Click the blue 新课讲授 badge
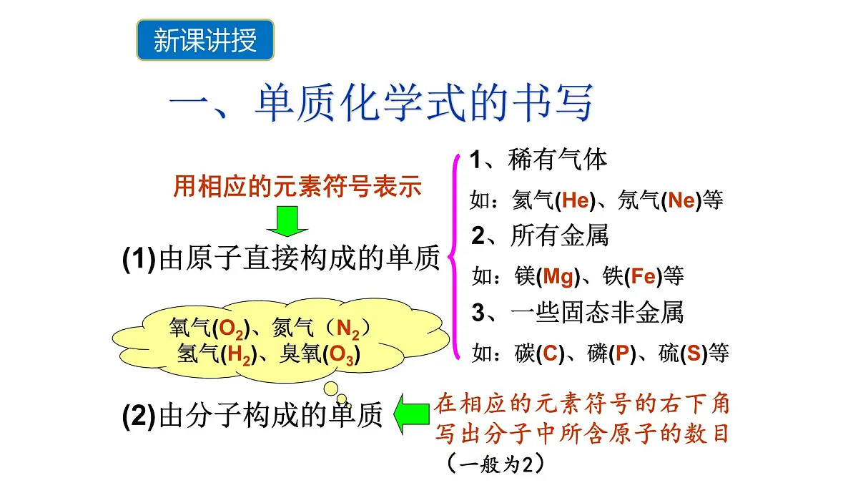[x=205, y=40]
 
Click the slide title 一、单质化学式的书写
[x=380, y=104]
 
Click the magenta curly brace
[x=455, y=257]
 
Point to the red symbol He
[x=575, y=200]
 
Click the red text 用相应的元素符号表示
[x=297, y=187]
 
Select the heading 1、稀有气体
[x=538, y=160]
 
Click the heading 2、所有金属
[x=539, y=235]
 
